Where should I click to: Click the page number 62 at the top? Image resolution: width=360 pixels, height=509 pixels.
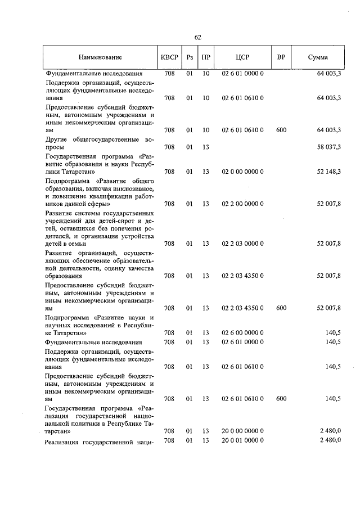(x=197, y=37)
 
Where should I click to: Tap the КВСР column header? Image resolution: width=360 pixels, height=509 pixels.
(x=169, y=57)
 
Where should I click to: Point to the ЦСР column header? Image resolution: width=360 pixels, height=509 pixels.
(x=243, y=57)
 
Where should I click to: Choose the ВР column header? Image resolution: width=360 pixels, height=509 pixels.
(x=281, y=57)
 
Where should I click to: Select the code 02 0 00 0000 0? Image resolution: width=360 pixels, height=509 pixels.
(x=243, y=171)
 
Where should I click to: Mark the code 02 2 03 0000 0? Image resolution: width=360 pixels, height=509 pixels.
(x=243, y=244)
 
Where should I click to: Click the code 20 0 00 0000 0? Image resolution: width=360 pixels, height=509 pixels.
(x=243, y=431)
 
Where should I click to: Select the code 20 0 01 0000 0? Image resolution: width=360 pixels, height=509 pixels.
(x=243, y=440)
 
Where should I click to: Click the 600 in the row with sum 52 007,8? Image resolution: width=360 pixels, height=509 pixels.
(x=281, y=308)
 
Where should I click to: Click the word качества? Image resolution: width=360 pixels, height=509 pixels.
(x=139, y=268)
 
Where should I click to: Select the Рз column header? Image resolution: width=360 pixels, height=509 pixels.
(x=189, y=57)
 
